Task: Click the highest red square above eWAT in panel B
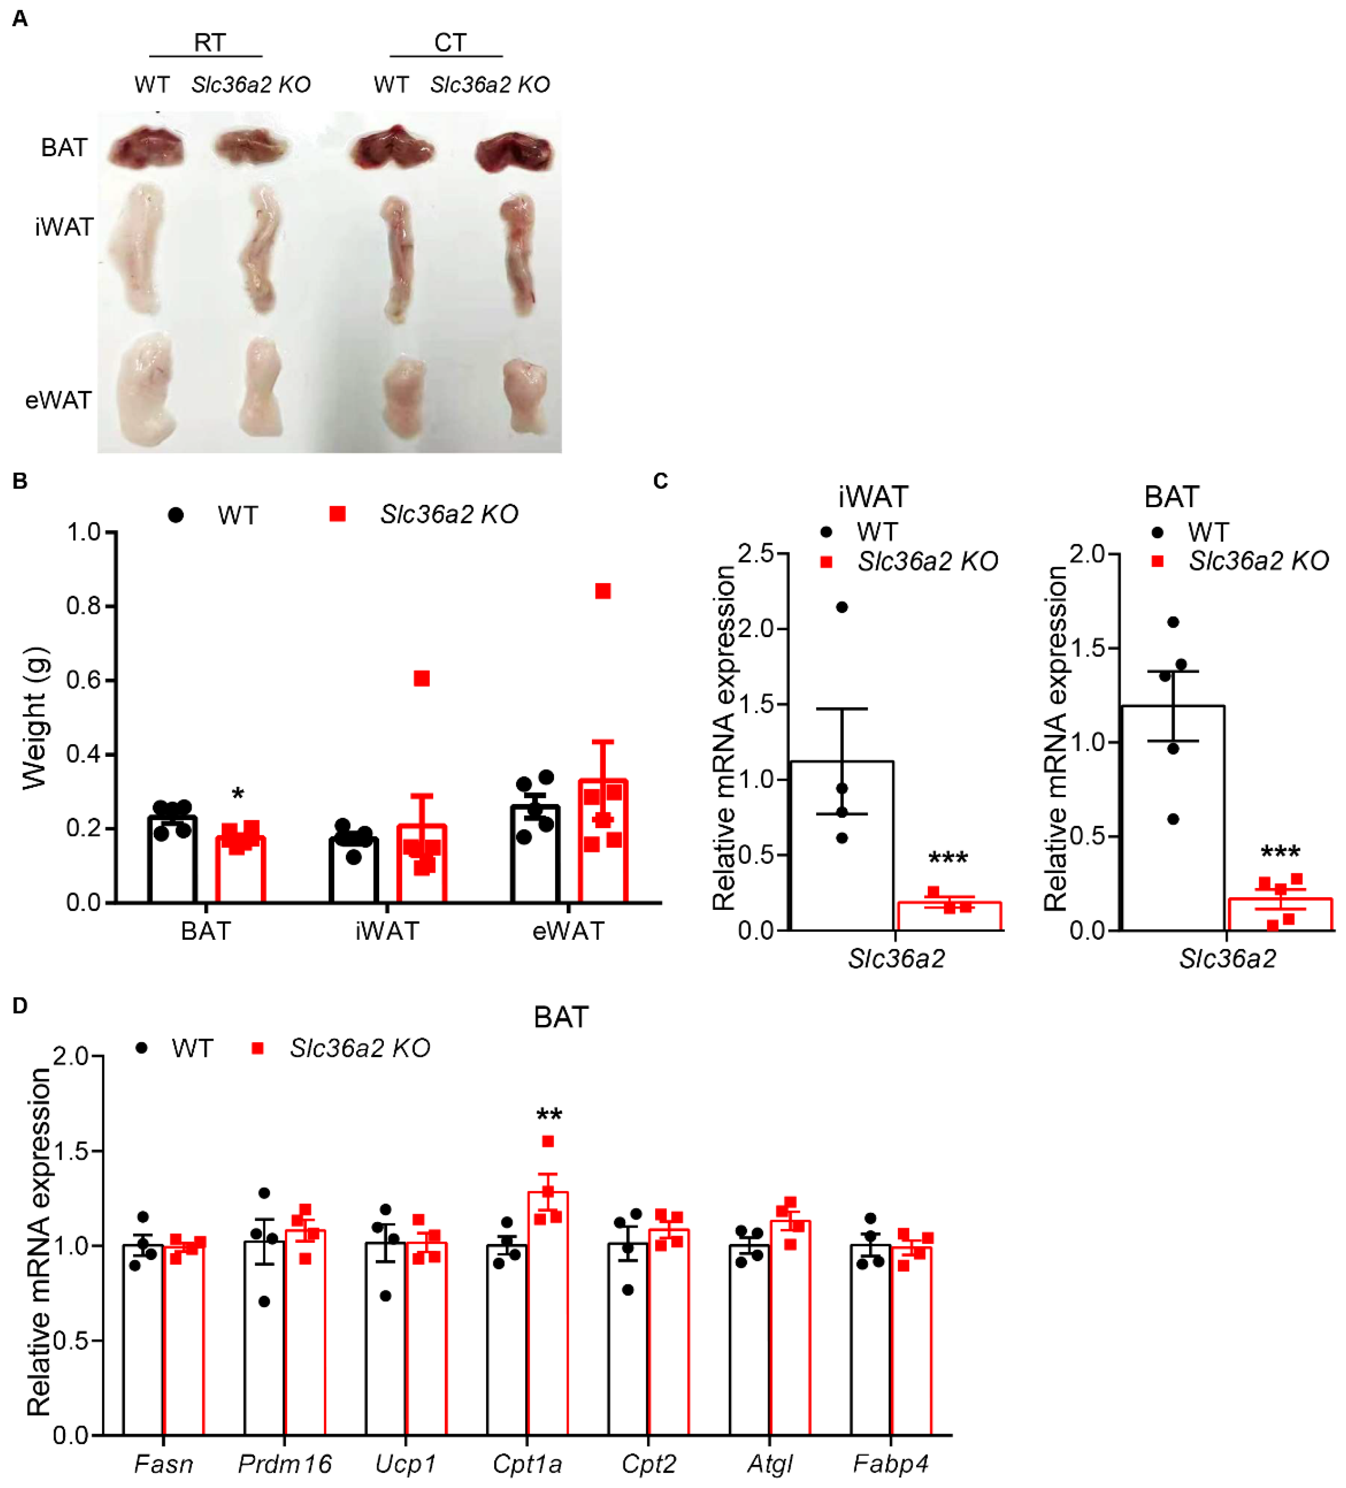[x=603, y=591]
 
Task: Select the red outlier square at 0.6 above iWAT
[x=421, y=678]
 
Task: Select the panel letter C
[x=661, y=481]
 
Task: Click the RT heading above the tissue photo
[x=209, y=43]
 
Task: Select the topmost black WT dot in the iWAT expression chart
[x=841, y=607]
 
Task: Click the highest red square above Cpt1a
[x=548, y=1142]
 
